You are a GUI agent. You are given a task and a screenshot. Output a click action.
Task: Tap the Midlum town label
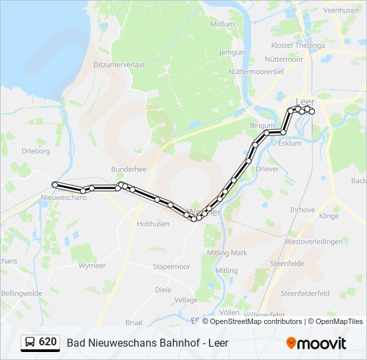222,23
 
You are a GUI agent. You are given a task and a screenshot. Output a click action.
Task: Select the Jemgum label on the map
232,52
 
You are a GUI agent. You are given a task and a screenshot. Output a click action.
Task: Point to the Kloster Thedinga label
298,45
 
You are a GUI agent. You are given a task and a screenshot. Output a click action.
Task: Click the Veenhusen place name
341,11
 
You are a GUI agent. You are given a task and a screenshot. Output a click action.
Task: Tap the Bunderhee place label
129,170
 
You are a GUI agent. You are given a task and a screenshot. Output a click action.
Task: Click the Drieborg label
36,151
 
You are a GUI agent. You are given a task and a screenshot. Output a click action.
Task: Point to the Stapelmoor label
171,266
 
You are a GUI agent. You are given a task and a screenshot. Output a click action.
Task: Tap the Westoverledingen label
314,241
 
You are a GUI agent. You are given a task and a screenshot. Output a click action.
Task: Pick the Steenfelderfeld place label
305,293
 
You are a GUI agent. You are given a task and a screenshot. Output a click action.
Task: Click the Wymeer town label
92,265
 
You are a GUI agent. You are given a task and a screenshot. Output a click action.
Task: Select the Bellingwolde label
21,293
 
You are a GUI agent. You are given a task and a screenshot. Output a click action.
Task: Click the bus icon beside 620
31,343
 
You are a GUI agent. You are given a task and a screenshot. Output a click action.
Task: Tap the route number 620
47,342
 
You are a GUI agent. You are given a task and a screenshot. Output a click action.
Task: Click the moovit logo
316,343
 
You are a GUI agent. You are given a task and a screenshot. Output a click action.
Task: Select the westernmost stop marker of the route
55,184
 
